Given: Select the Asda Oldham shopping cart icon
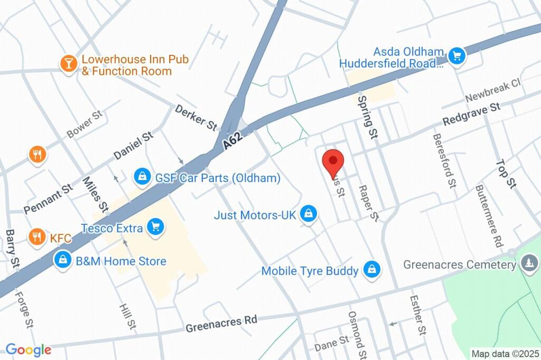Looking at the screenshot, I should coord(455,55).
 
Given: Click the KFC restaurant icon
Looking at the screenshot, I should coord(37,237).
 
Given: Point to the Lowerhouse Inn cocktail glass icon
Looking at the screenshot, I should coord(68,63).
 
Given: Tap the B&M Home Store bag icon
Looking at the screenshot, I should coord(63,260).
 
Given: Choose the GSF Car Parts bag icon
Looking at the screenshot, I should coord(142,177).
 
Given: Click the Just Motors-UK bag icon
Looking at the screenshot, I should coord(307,214).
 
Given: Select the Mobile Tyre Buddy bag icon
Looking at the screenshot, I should coord(372,270).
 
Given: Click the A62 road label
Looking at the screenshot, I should coord(232,141).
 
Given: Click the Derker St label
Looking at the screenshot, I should coord(196,117).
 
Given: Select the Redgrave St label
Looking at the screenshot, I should coord(471,115).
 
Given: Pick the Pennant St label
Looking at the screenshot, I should coord(48,198).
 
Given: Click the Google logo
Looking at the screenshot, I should coord(28,349).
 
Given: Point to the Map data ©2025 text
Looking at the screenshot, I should coord(505,354).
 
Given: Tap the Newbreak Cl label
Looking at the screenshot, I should coord(492,91).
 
